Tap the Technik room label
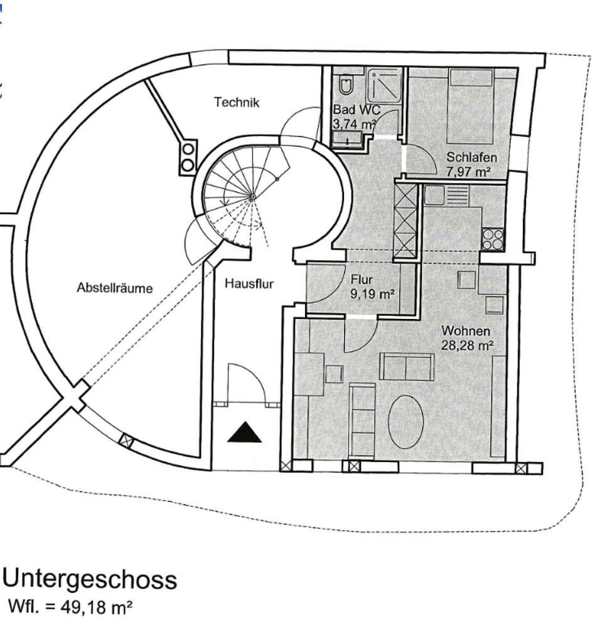click(236, 102)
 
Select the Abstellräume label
click(115, 288)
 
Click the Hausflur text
click(249, 284)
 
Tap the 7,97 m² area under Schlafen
click(468, 170)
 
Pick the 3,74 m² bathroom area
click(353, 124)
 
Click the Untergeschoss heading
click(90, 579)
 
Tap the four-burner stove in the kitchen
click(492, 239)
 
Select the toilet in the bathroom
click(346, 85)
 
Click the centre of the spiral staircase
click(252, 197)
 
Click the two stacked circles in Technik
click(188, 156)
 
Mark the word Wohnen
click(466, 331)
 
